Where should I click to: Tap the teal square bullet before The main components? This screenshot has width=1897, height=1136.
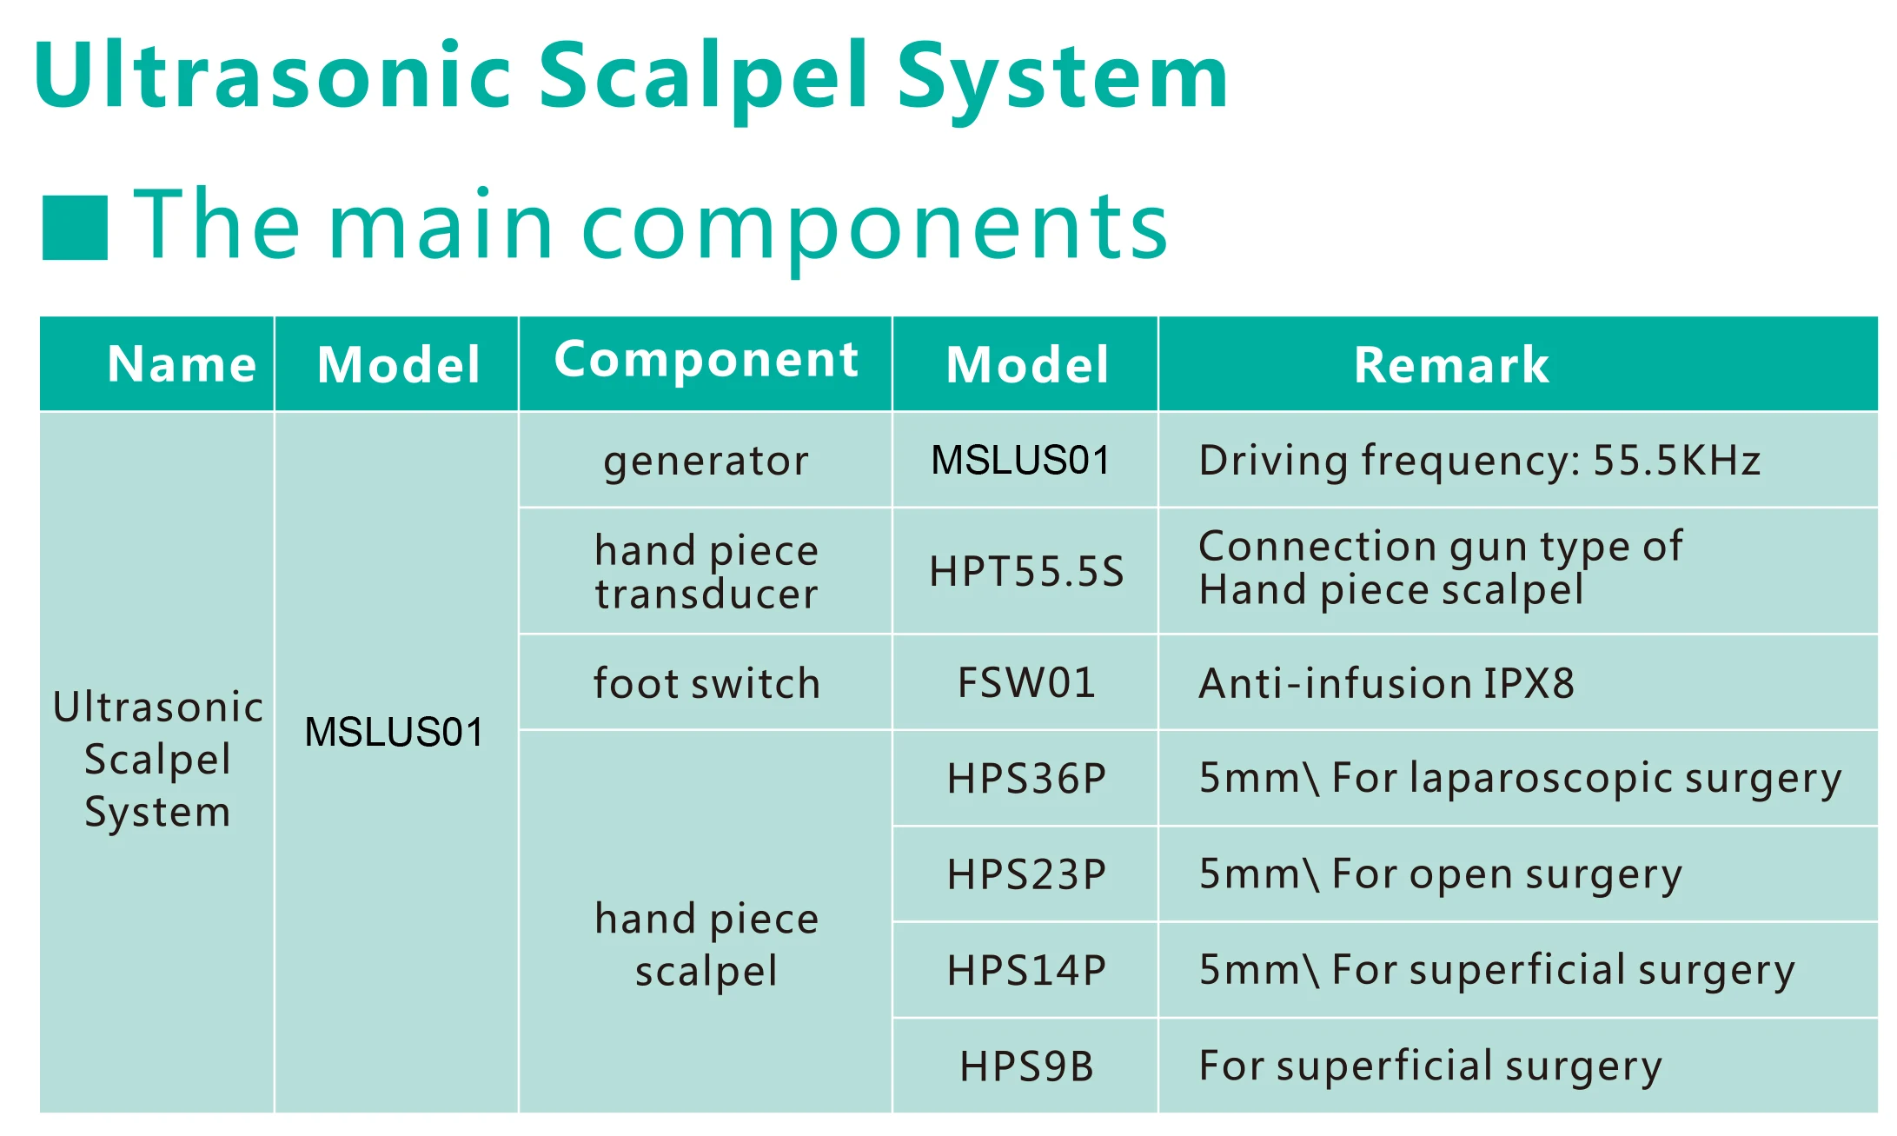[75, 228]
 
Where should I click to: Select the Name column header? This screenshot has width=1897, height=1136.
[182, 363]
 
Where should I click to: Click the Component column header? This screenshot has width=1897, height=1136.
[706, 360]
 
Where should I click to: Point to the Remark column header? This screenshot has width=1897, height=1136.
[1451, 364]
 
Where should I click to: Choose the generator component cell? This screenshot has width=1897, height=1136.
[706, 461]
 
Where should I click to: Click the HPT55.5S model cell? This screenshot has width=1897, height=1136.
[1026, 572]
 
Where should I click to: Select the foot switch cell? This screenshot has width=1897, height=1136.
[706, 683]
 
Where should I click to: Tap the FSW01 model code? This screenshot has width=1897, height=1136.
[1026, 683]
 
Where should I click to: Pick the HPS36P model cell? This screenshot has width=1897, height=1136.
[1026, 779]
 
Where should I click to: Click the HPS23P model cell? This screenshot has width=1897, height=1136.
[1026, 874]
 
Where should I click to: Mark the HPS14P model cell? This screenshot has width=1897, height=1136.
[1026, 970]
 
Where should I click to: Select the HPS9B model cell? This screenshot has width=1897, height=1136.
[1026, 1066]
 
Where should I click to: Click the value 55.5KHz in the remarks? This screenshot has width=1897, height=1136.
[1676, 461]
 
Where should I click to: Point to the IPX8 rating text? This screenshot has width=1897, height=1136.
[1529, 683]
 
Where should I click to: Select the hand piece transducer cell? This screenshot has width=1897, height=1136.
[706, 572]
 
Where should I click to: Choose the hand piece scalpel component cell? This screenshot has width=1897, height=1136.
[706, 945]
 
